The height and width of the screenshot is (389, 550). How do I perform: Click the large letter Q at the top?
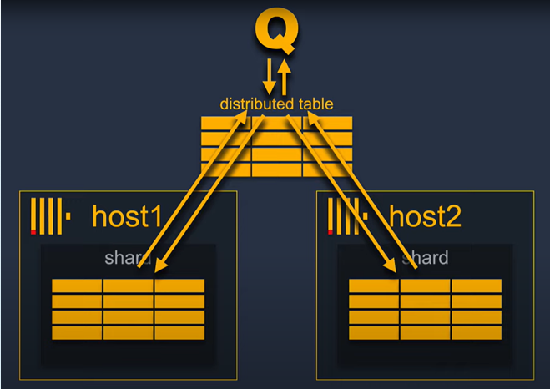(x=275, y=33)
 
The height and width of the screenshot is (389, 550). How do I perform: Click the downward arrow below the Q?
(x=269, y=76)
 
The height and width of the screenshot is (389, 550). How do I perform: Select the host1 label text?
(x=126, y=216)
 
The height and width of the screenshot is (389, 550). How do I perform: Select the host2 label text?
(x=426, y=216)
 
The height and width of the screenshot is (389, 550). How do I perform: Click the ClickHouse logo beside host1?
(x=50, y=216)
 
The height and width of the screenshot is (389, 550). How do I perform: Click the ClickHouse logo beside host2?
(x=347, y=216)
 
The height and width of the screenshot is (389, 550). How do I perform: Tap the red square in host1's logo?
(x=33, y=232)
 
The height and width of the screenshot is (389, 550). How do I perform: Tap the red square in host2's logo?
(x=331, y=232)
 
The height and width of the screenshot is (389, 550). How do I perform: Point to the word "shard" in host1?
(x=128, y=258)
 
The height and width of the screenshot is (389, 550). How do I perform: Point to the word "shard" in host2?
(x=425, y=258)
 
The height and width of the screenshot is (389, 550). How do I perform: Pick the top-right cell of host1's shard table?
(x=179, y=286)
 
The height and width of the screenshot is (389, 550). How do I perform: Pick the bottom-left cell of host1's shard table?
(x=77, y=332)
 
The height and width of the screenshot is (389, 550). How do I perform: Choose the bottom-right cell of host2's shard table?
(x=477, y=332)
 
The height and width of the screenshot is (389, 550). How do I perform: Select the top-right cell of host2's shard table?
(x=477, y=286)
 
